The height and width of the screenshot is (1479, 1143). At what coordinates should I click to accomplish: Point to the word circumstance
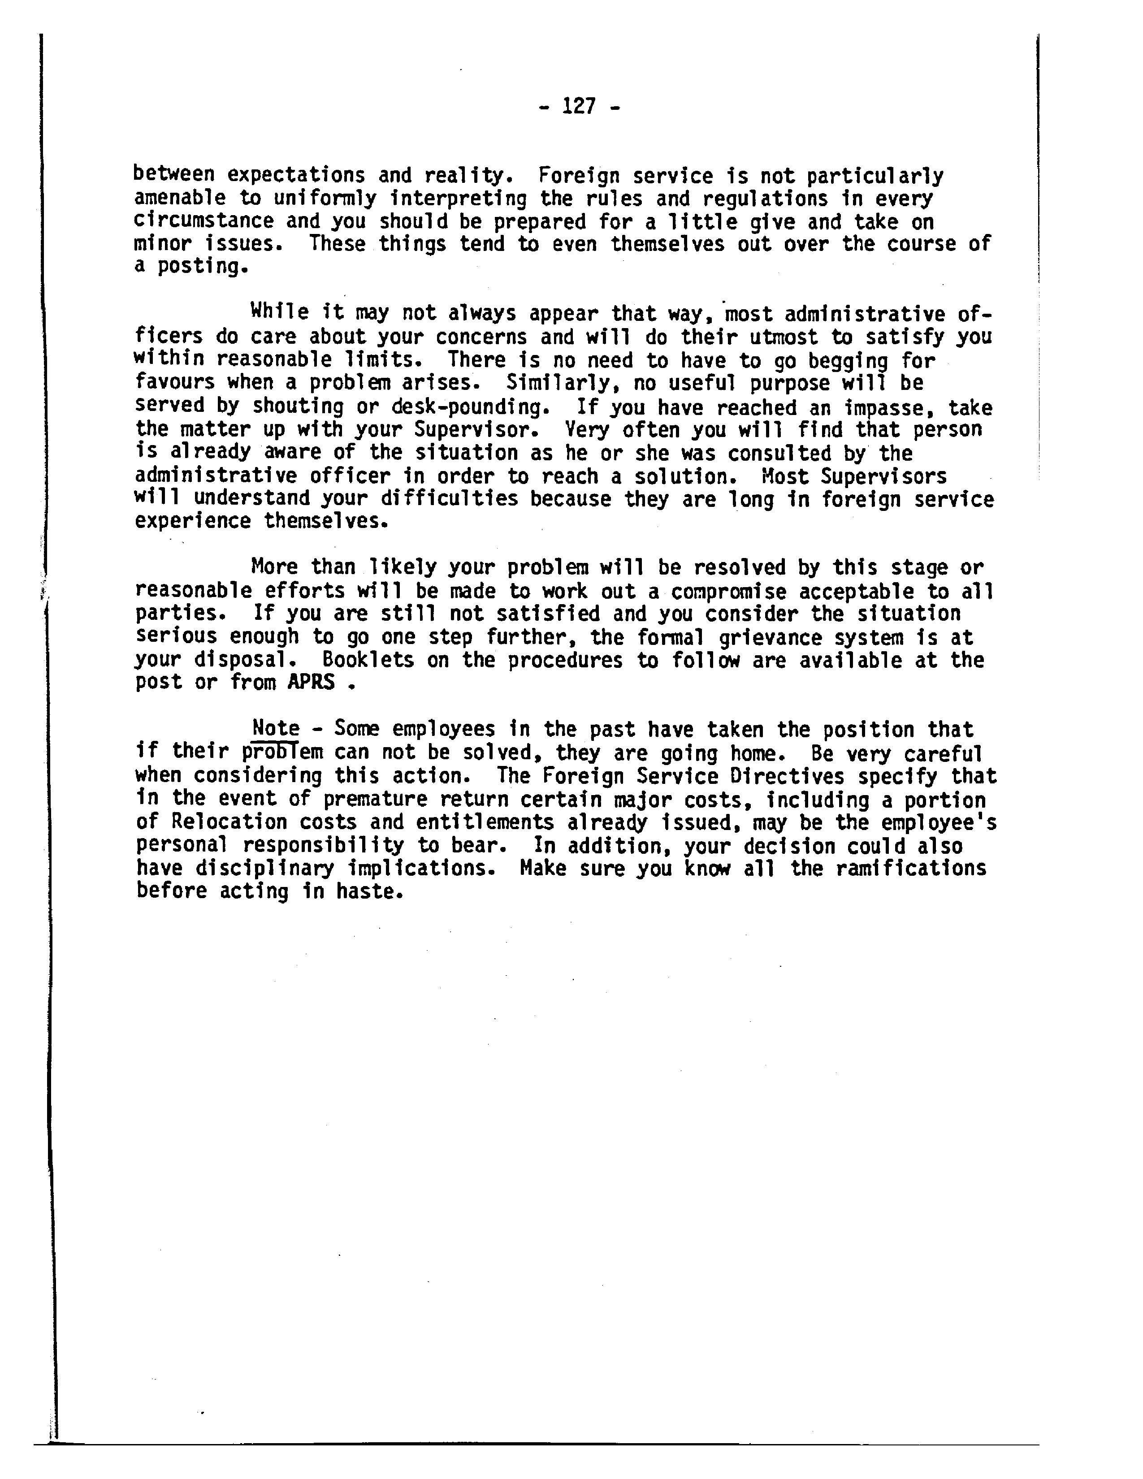(x=203, y=221)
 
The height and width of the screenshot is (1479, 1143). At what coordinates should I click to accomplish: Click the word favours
(x=175, y=383)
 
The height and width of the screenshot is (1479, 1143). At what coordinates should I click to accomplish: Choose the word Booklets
(x=368, y=660)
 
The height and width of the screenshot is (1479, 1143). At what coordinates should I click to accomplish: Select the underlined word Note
(x=276, y=729)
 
